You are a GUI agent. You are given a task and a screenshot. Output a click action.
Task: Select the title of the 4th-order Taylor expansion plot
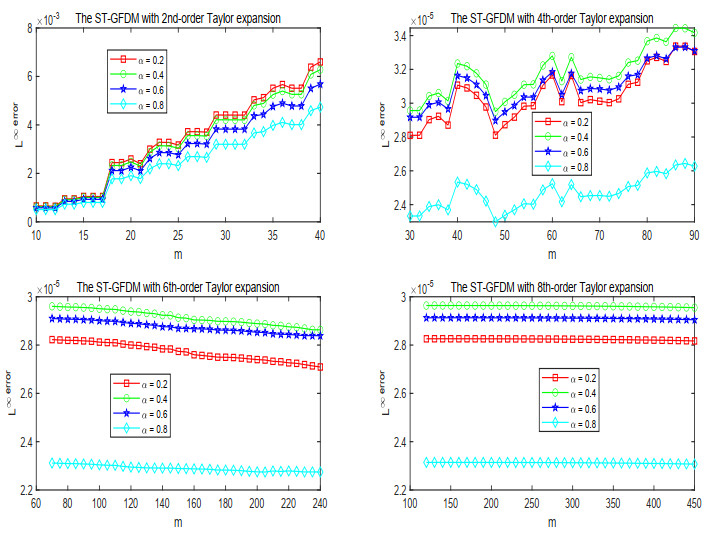tap(552, 18)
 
